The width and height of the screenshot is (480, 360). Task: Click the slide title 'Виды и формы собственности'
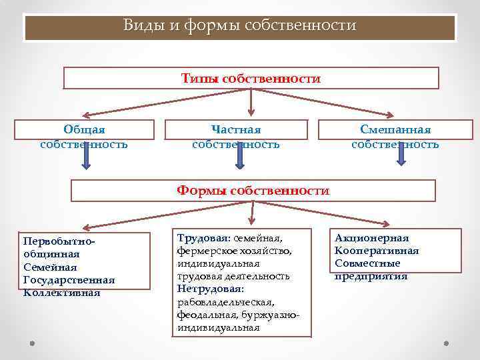[240, 26]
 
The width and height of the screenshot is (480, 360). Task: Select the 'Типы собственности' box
[251, 79]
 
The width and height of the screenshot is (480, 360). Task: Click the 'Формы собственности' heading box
[253, 191]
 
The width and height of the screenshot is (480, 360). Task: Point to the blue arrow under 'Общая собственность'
[86, 155]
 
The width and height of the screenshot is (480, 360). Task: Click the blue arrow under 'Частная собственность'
[240, 155]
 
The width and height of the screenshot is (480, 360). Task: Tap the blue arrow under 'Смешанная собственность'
[402, 155]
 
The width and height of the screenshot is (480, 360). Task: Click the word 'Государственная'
[69, 280]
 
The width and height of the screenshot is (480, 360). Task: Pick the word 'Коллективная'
[61, 292]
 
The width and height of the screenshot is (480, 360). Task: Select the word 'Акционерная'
[372, 238]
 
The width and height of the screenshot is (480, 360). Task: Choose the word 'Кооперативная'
[377, 251]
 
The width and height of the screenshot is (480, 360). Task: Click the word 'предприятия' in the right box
[371, 277]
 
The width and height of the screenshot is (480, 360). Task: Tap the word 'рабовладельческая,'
[225, 302]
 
